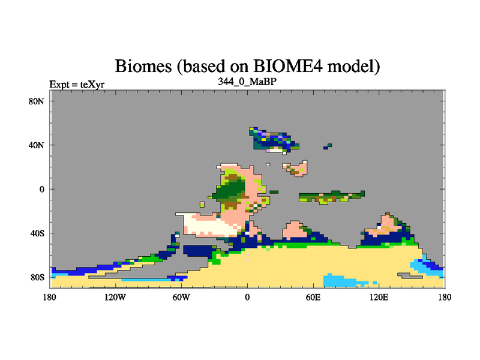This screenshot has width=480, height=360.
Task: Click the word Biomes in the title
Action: pos(143,67)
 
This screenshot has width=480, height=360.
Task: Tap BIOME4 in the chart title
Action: pos(288,66)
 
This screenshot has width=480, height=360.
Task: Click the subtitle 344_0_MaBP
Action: pos(247,82)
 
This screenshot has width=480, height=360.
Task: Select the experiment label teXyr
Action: pos(92,85)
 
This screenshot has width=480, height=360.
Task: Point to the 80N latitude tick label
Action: pos(37,101)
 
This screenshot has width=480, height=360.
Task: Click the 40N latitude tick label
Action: pos(37,145)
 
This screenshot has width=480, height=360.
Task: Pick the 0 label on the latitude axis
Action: pos(42,189)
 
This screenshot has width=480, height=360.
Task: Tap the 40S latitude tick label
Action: pos(37,233)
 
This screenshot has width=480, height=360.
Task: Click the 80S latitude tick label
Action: pos(37,277)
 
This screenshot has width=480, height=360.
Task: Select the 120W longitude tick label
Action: pos(115,297)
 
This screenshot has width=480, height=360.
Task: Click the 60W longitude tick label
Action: pos(181,297)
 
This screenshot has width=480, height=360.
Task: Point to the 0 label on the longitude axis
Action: pos(247,297)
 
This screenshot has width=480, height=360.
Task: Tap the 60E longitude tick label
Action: pos(313,297)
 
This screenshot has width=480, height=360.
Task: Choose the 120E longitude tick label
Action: pos(379,297)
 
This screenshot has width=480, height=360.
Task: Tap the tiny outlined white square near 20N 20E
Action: pos(268,164)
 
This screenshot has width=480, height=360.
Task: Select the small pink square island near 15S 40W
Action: pos(202,204)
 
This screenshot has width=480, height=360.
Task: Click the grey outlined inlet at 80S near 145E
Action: pos(410,276)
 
